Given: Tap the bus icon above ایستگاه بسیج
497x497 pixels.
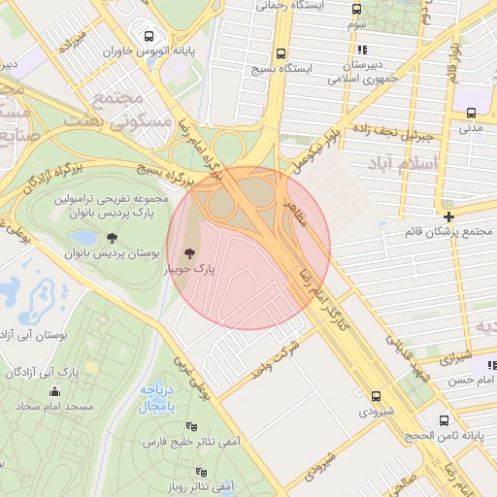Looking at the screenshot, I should [x=282, y=53].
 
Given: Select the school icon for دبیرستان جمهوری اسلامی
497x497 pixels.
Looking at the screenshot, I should [x=361, y=50].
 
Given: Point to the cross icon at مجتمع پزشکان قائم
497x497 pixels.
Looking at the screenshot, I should [x=448, y=216].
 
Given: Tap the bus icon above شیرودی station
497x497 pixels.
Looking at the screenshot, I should [x=376, y=395].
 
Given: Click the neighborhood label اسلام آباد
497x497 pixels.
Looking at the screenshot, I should [x=399, y=166].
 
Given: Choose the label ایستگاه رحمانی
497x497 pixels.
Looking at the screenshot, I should [x=288, y=6].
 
